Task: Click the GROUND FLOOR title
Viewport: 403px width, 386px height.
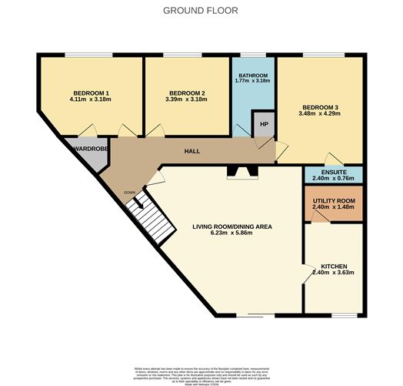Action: (201, 11)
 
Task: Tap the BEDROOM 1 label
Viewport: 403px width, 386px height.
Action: (91, 92)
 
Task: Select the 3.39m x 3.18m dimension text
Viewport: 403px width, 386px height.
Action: (188, 99)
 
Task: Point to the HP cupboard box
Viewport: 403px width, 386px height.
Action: (264, 124)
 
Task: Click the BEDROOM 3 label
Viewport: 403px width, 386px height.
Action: (321, 108)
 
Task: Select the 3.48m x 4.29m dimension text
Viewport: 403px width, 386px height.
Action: (321, 116)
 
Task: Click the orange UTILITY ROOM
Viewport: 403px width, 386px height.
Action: (333, 203)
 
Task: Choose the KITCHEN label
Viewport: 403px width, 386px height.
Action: (333, 264)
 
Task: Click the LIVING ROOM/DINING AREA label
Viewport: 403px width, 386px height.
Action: (231, 227)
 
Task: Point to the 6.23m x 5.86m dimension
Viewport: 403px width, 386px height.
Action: (231, 234)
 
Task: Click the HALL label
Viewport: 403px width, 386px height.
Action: (192, 151)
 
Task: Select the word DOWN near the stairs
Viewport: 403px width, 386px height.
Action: (130, 193)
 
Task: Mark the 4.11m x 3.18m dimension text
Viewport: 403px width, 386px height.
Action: (91, 99)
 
